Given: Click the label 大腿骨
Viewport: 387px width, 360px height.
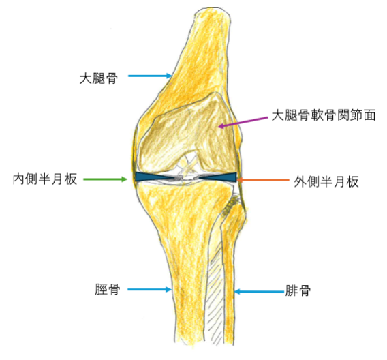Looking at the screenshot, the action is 99,78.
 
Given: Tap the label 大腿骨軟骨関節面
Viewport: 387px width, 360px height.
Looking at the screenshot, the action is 324,115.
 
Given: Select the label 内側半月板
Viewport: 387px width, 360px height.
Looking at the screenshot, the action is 45,179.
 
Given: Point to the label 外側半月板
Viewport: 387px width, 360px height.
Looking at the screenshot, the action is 326,182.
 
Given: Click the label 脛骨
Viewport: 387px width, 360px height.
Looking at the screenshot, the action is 108,289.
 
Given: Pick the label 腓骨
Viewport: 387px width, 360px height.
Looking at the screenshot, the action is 298,290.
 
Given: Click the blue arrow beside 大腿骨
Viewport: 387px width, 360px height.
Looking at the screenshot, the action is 150,76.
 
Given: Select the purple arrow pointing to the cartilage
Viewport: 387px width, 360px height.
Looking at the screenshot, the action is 243,122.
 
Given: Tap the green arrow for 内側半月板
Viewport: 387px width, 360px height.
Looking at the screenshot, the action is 105,179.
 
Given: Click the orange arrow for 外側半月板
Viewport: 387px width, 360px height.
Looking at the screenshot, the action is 263,180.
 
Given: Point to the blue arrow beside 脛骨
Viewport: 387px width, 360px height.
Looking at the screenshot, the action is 150,289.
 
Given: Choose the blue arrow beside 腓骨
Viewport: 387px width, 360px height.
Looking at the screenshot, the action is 259,292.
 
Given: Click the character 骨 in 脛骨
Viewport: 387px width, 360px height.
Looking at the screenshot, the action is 114,289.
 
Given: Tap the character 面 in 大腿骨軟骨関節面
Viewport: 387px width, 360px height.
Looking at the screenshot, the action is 370,115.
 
